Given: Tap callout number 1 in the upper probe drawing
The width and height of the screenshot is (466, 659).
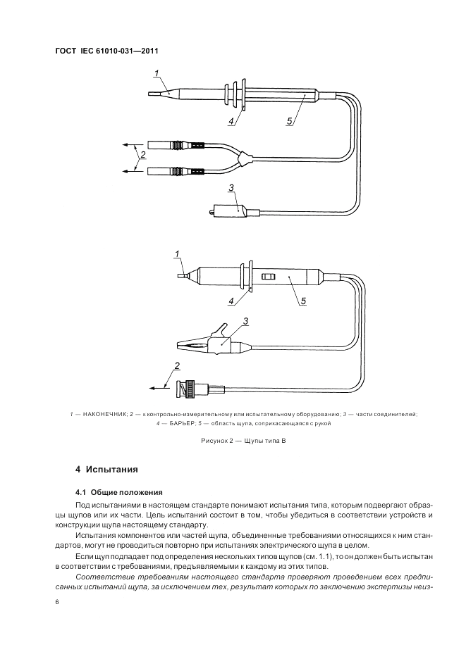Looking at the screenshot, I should pos(157,70).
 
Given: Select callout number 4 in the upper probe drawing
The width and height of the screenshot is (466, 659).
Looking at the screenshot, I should pos(231,120).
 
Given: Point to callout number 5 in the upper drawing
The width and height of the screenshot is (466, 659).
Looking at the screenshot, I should pos(289,121).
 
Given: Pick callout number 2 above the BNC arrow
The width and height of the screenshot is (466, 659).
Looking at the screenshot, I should pos(177,366).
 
